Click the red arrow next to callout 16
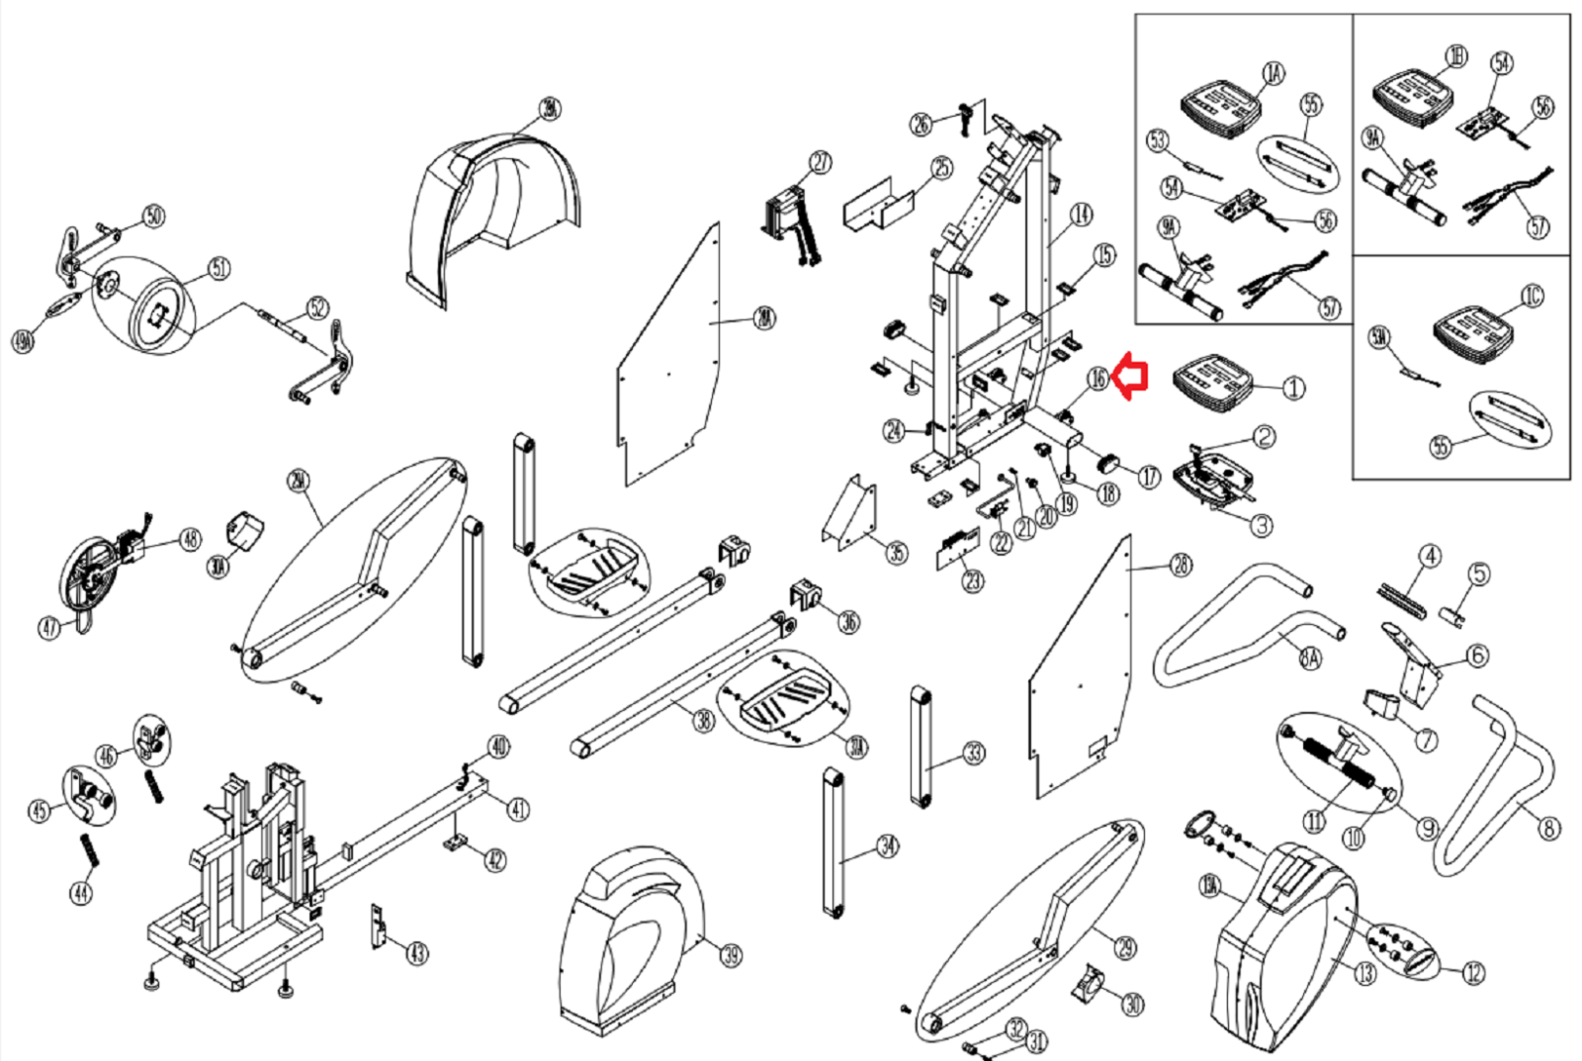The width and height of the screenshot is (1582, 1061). (1131, 377)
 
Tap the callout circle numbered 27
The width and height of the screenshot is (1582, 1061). (820, 163)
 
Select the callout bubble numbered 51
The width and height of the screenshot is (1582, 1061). (219, 268)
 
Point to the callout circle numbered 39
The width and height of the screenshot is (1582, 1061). (731, 955)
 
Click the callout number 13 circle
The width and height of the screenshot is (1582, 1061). (1364, 974)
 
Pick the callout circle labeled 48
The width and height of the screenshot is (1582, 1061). (190, 539)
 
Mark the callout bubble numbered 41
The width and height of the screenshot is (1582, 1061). (518, 809)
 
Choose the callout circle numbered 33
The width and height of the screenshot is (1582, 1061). (974, 753)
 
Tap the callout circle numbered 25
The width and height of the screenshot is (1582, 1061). (941, 168)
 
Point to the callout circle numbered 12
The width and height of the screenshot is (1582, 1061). (1473, 973)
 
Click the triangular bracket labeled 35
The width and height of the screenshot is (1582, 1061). (848, 513)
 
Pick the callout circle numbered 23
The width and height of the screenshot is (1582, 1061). (973, 580)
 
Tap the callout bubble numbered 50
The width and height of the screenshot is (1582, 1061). (153, 217)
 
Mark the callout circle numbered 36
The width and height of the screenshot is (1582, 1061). (848, 621)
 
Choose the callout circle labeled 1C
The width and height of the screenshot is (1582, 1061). (1532, 297)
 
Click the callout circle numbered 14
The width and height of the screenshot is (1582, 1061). (1082, 214)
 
